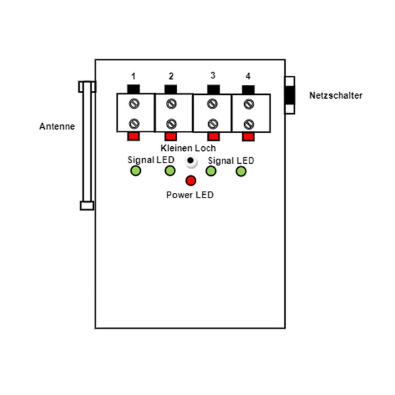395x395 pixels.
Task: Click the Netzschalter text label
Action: point(336,95)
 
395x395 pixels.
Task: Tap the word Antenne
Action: point(57,126)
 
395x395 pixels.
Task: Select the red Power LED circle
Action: point(191,181)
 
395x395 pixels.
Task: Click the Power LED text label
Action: point(190,195)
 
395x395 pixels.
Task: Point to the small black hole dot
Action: point(190,161)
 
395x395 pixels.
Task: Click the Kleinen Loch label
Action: point(188,148)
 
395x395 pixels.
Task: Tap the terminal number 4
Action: point(248,75)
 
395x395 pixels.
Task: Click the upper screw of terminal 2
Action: point(171,103)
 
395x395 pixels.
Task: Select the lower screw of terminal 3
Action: point(212,123)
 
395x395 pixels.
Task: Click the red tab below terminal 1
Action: point(134,136)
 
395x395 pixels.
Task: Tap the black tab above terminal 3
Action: point(213,89)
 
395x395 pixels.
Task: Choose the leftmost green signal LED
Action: point(136,171)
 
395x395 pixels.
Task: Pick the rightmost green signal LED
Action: point(241,171)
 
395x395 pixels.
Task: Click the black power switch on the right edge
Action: point(290,95)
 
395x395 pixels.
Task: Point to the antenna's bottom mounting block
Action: point(87,205)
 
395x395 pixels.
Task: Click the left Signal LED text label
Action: point(151,160)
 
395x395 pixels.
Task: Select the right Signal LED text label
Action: point(230,160)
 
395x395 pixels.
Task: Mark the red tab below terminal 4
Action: point(248,136)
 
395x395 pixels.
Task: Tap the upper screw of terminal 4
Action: point(248,103)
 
